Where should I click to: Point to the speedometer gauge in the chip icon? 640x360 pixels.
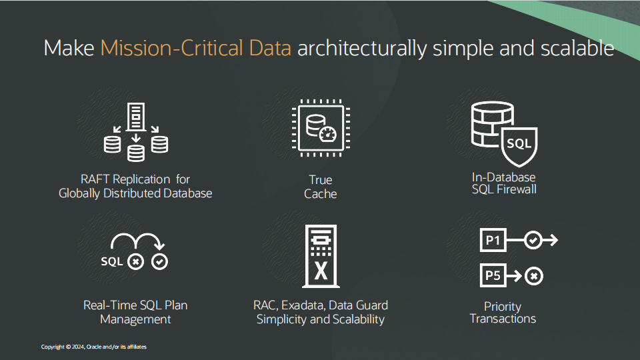point(327,134)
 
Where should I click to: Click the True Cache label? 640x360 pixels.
point(321,187)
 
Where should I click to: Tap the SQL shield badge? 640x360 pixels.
point(519,145)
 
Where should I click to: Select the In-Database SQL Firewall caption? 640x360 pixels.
point(504,183)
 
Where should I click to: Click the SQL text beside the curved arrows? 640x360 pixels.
point(112,261)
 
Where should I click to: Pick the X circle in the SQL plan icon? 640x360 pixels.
point(136,261)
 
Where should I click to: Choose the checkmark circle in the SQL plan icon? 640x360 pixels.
point(159,261)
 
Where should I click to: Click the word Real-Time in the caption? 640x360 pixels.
point(110,305)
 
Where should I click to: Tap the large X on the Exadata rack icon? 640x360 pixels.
point(321,272)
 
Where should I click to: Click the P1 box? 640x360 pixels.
point(493,241)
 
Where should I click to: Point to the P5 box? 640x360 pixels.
point(493,275)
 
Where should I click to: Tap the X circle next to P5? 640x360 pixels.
point(533,275)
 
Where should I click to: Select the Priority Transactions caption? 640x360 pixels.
point(503,313)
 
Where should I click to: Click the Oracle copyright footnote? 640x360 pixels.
point(94,347)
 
